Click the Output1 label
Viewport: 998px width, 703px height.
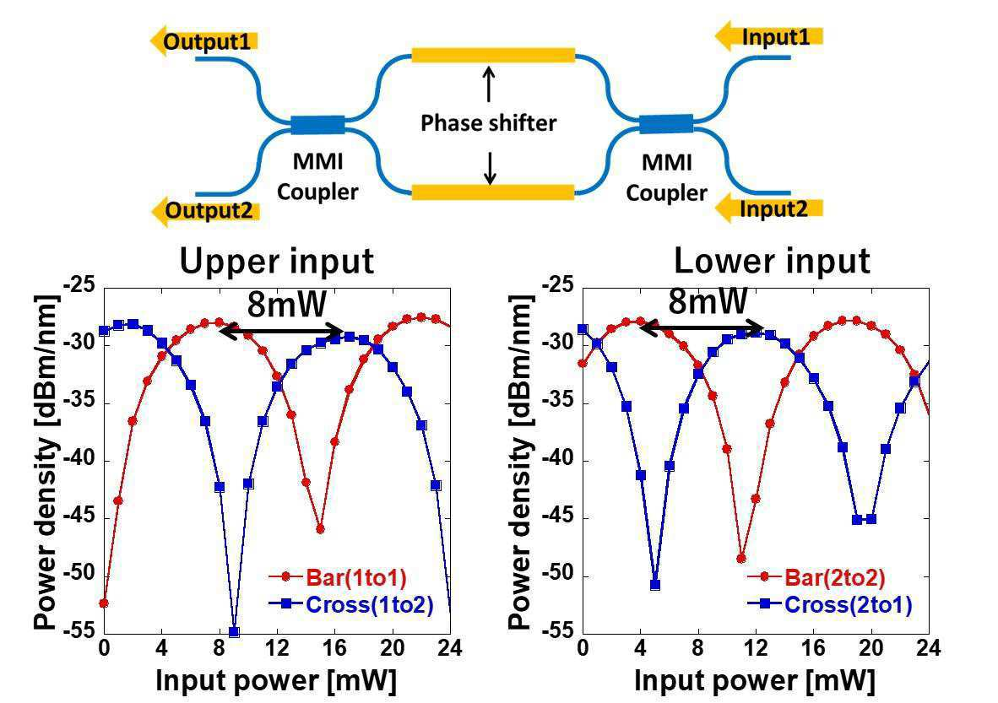pos(207,41)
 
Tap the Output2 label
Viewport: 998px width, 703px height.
pos(208,211)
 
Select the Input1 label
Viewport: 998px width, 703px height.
pos(776,37)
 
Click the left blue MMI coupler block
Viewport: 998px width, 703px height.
pos(318,125)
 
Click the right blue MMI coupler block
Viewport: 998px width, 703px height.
pos(665,124)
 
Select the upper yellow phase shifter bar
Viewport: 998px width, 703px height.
pos(492,56)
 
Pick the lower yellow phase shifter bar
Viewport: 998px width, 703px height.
pos(492,192)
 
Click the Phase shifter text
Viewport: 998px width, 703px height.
pos(489,123)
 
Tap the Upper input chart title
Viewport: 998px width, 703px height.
pos(276,262)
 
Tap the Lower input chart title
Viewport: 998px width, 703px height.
pos(771,262)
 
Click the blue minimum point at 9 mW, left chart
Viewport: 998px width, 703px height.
pos(234,632)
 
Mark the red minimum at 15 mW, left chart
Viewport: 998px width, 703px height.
pos(320,529)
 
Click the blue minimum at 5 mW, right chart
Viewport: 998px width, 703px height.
pos(654,585)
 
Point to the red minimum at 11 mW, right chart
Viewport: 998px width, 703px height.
pos(741,559)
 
